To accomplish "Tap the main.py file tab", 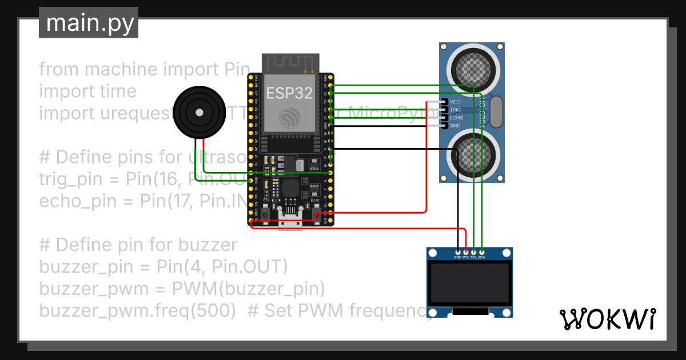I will click(89, 23).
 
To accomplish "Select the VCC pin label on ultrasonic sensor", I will click(455, 102).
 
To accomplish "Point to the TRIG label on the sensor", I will click(455, 110).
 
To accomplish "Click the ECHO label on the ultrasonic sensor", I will click(456, 118).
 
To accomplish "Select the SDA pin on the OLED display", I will click(482, 252).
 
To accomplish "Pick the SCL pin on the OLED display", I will click(474, 252).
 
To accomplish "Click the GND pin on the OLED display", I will click(458, 252).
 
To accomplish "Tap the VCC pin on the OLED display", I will click(466, 252).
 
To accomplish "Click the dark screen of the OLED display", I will click(469, 284).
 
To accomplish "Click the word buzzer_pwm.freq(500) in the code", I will click(138, 311).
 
